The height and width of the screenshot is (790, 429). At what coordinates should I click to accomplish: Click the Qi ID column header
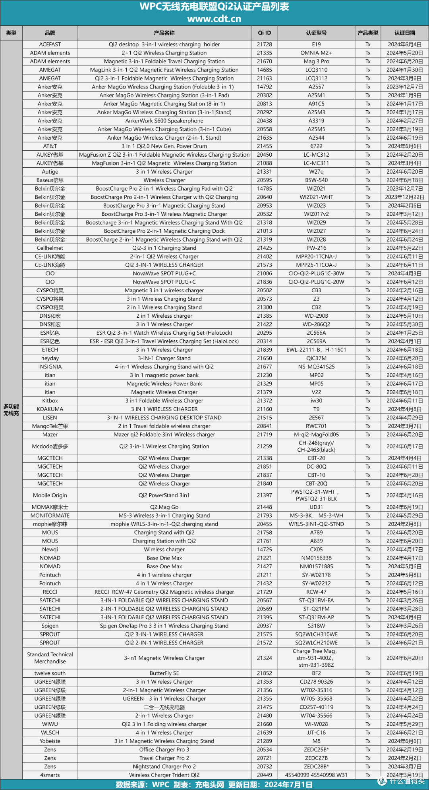(264, 33)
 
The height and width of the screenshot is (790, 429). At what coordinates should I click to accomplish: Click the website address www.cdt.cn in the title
(214, 19)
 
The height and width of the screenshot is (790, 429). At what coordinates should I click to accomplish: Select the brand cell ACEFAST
(50, 44)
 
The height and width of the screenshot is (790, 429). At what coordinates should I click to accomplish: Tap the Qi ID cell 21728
(264, 44)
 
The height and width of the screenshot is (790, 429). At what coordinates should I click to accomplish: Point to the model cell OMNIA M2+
(316, 53)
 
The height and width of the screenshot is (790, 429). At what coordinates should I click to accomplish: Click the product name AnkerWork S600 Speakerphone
(164, 121)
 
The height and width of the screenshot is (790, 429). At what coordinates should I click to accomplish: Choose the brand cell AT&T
(50, 146)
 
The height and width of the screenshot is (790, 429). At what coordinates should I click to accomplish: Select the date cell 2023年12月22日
(404, 197)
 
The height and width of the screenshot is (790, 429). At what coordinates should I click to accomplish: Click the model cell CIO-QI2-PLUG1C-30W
(316, 273)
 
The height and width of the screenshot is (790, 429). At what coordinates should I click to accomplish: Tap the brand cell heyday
(50, 358)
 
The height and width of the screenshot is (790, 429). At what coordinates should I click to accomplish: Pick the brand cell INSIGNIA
(50, 367)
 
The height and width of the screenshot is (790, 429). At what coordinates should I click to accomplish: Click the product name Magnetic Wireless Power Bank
(164, 383)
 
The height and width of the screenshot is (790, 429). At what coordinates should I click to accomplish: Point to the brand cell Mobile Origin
(50, 495)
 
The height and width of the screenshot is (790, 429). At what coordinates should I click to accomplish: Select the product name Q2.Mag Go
(164, 507)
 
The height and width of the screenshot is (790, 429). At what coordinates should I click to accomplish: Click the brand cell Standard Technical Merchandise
(50, 658)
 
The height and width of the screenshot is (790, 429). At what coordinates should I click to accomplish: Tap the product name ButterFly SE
(164, 673)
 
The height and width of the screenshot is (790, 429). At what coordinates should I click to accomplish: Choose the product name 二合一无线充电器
(164, 707)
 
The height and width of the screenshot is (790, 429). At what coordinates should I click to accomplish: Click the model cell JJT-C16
(316, 732)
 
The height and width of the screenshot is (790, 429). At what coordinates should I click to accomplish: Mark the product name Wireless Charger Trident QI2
(164, 775)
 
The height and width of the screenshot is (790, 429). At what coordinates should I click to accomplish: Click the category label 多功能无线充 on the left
(11, 410)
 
